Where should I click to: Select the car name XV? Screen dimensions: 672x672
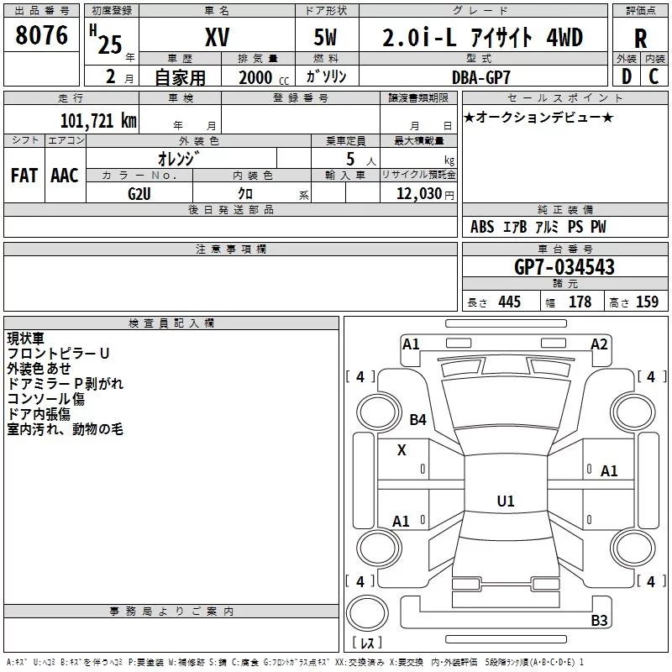click(218, 38)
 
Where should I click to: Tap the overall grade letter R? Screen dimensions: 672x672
click(641, 39)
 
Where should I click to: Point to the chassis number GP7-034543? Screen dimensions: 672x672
click(564, 268)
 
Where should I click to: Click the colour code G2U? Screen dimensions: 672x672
click(139, 193)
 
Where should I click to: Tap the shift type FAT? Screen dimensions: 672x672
click(24, 176)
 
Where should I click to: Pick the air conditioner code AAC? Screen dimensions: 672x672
click(65, 176)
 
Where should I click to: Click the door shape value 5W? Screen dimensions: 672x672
click(327, 38)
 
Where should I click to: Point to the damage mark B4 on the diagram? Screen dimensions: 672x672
click(418, 419)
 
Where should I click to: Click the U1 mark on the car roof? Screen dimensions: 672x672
click(506, 501)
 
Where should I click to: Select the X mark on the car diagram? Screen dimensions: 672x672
click(402, 450)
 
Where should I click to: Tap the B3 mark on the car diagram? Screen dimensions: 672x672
click(599, 621)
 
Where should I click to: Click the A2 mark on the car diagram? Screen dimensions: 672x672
click(599, 344)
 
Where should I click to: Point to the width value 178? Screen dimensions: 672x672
click(580, 302)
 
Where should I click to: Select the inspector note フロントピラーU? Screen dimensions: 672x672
click(59, 354)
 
